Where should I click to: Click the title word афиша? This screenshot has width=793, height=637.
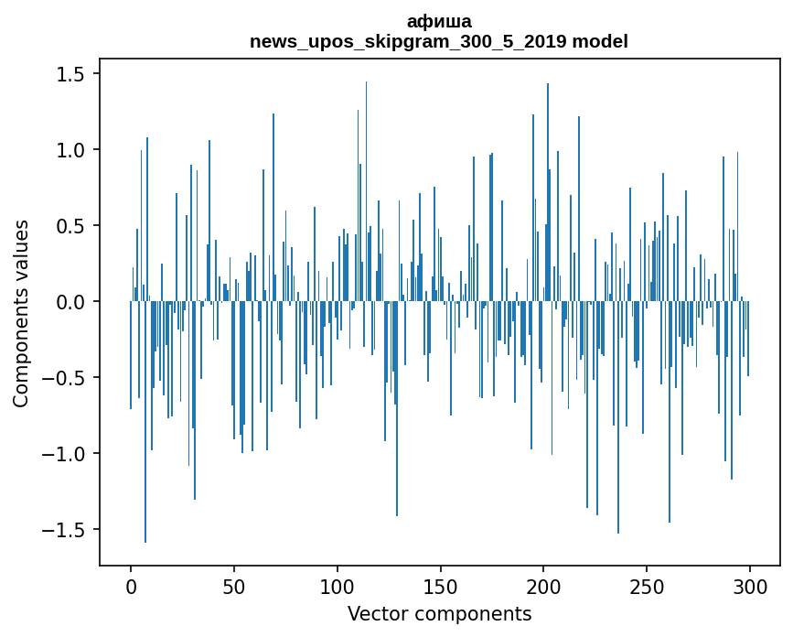pyautogui.click(x=439, y=22)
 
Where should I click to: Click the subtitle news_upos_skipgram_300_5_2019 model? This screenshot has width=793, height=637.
pyautogui.click(x=439, y=41)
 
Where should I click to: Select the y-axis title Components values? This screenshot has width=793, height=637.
pyautogui.click(x=21, y=313)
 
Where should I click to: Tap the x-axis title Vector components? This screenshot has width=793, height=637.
pyautogui.click(x=439, y=614)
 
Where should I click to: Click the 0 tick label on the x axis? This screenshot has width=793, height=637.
pyautogui.click(x=131, y=586)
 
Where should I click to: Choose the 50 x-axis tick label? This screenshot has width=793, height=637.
pyautogui.click(x=234, y=586)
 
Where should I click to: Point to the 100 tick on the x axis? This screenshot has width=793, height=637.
pyautogui.click(x=338, y=586)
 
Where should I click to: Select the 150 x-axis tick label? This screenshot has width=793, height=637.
pyautogui.click(x=441, y=586)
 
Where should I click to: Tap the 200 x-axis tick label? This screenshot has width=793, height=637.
pyautogui.click(x=544, y=586)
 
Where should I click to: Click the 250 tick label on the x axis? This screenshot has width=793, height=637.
pyautogui.click(x=648, y=586)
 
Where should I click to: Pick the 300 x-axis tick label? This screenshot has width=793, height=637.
pyautogui.click(x=750, y=586)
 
